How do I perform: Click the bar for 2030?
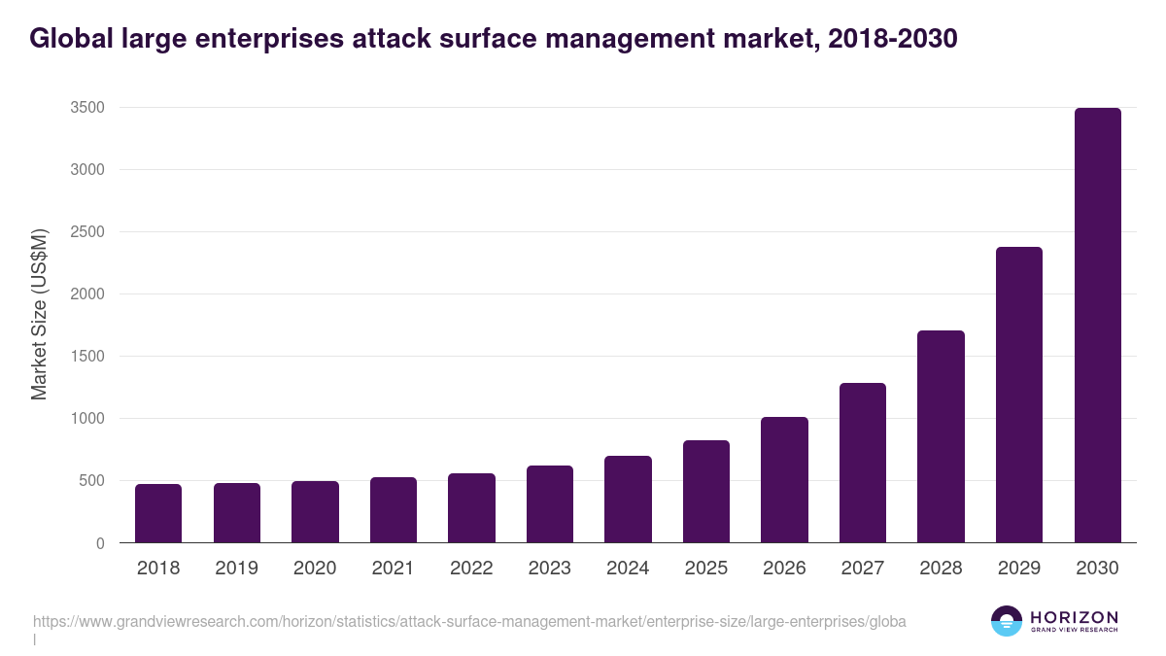click(1097, 326)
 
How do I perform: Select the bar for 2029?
click(1019, 395)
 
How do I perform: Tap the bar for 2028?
click(941, 436)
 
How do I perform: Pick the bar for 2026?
click(784, 480)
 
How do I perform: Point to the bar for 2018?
click(158, 513)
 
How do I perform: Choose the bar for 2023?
click(550, 504)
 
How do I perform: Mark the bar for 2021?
click(394, 510)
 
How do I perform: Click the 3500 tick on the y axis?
click(86, 107)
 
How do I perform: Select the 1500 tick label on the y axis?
click(86, 357)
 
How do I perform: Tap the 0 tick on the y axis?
click(99, 543)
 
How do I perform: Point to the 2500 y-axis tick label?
click(86, 232)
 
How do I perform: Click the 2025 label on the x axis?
click(705, 569)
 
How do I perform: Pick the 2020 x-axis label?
click(315, 569)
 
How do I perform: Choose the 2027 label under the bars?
click(863, 569)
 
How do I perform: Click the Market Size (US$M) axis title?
click(39, 314)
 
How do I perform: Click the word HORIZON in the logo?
click(1074, 617)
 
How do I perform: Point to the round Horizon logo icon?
click(1007, 621)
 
